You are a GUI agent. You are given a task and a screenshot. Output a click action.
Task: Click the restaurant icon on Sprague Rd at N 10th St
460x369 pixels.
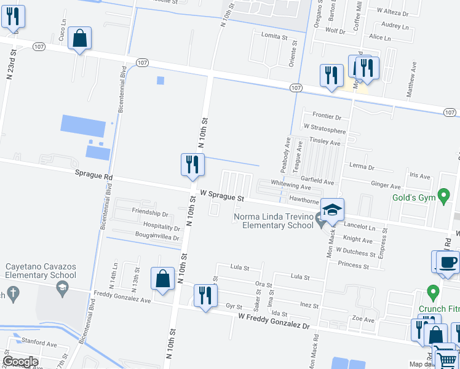192,165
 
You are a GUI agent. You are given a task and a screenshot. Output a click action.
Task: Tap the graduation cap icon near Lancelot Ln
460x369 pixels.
332,210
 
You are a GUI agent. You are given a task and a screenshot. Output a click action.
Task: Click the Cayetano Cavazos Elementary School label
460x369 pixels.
41,271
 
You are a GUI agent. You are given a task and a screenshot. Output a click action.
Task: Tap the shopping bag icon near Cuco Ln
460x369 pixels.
80,39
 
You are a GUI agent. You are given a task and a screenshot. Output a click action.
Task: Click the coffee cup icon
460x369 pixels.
447,262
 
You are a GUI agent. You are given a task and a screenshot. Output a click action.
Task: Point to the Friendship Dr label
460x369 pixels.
150,212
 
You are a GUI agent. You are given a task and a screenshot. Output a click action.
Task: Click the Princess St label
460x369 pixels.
353,266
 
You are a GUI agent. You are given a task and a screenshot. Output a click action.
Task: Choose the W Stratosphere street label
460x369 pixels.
324,131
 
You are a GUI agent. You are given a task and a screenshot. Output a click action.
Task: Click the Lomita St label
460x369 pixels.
274,37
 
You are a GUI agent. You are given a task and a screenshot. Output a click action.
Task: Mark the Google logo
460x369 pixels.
20,362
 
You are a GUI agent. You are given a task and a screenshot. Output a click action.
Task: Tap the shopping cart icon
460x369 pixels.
446,358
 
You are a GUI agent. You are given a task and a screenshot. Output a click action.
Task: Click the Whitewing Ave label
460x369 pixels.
291,186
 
